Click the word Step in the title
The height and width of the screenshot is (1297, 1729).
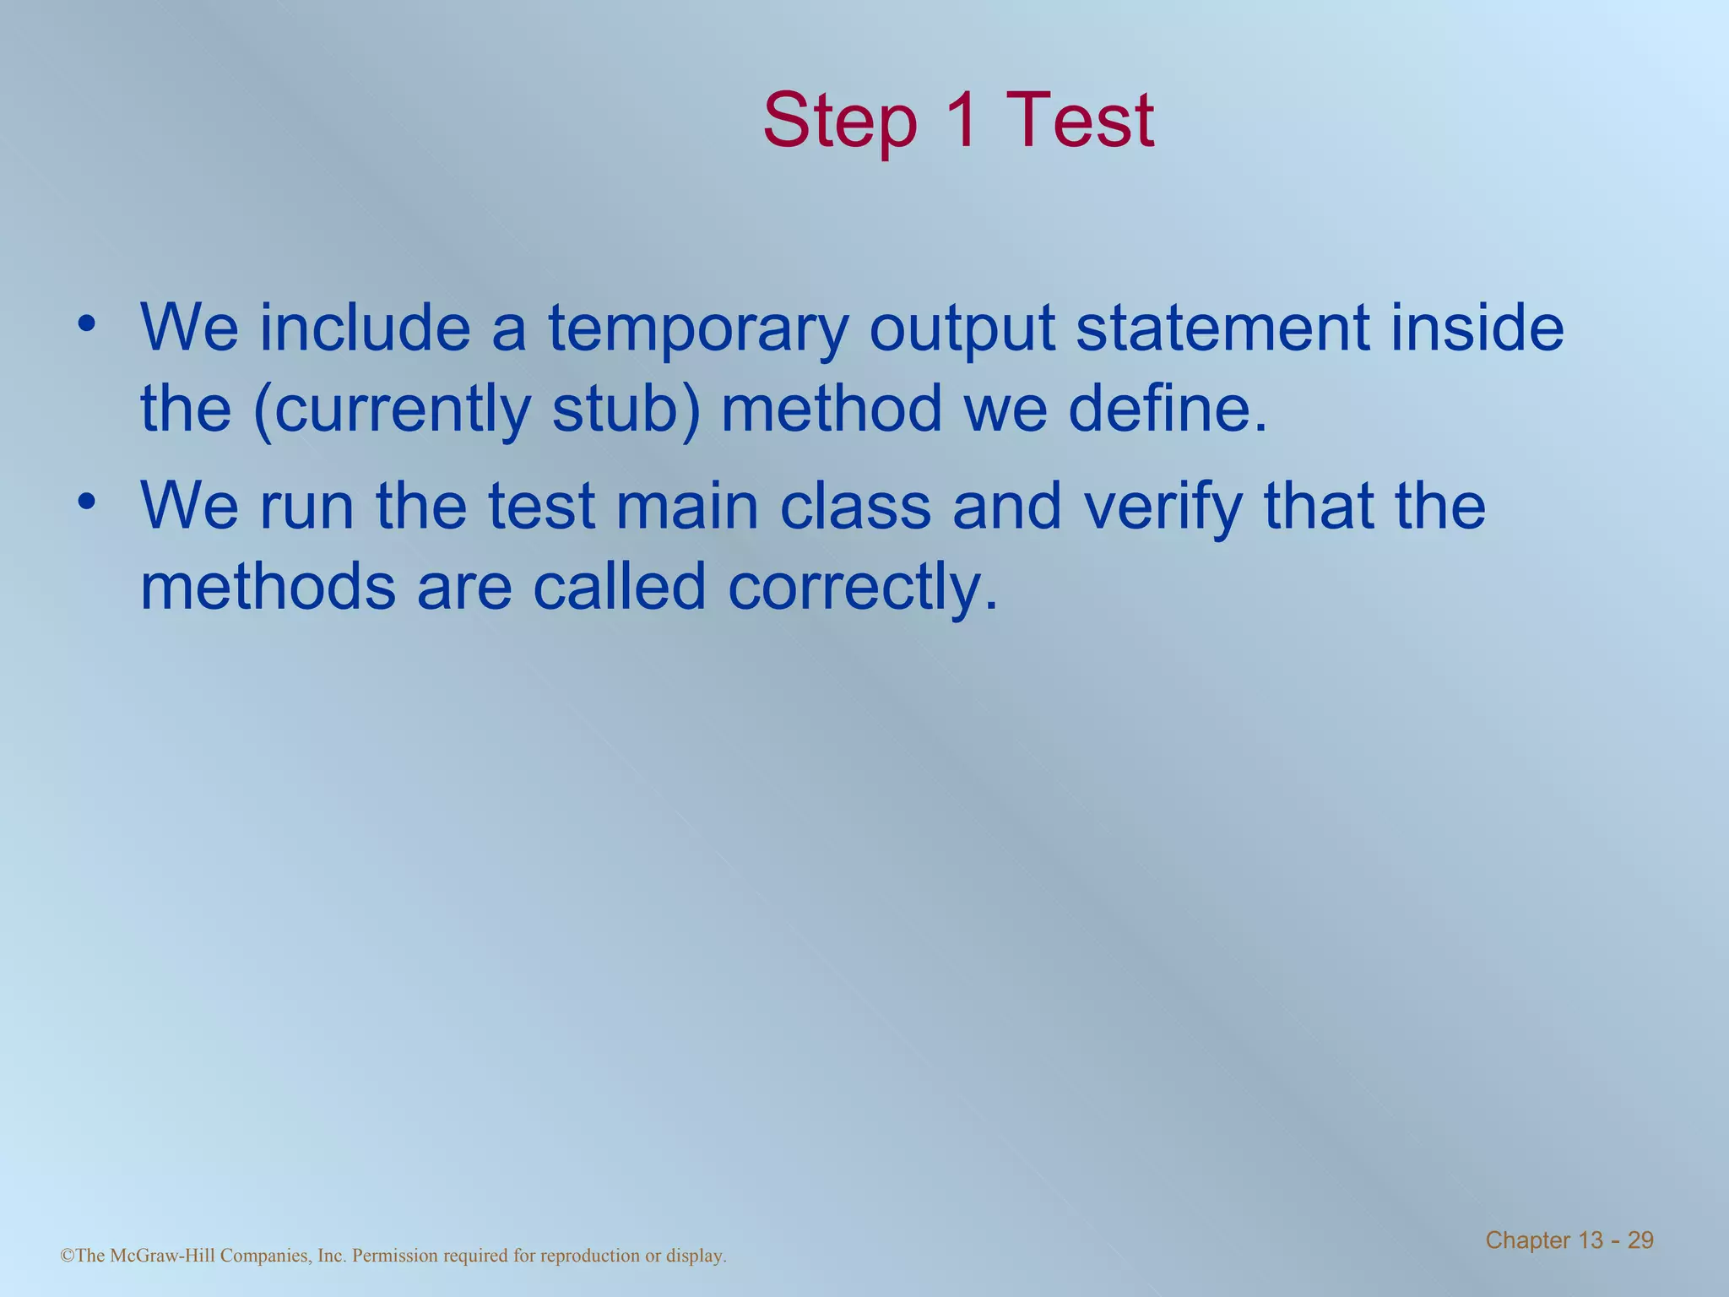(839, 122)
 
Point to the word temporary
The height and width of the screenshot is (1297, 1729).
(697, 329)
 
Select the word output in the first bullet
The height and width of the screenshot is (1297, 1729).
(962, 329)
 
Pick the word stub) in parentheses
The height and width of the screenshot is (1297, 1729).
(626, 410)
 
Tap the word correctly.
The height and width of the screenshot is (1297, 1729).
(863, 589)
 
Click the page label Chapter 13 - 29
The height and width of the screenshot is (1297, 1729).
(1569, 1240)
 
